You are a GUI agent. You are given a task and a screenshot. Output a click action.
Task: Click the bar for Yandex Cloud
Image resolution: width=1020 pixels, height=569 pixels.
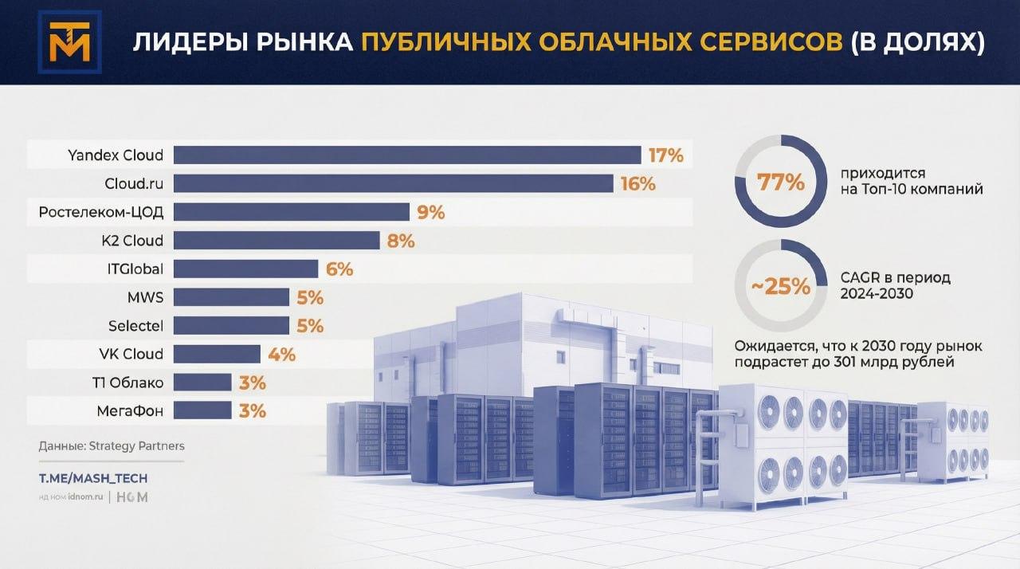[x=407, y=155]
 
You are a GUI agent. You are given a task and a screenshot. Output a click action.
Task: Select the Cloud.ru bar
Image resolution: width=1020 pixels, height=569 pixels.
[x=393, y=183]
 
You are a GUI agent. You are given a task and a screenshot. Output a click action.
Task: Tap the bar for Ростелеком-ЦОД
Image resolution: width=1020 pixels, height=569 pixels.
[x=292, y=212]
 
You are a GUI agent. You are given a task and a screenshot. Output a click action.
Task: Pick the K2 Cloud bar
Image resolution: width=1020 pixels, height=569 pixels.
[x=277, y=241]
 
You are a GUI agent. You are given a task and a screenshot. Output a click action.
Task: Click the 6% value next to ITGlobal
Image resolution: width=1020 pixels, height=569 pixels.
[x=339, y=269]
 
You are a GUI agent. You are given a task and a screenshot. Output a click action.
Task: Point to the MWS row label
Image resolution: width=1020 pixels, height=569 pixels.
[x=147, y=297]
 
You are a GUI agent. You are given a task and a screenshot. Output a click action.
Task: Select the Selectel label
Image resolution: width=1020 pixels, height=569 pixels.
[x=135, y=326]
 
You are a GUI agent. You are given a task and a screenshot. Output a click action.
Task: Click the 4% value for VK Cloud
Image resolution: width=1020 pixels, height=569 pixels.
[x=282, y=354]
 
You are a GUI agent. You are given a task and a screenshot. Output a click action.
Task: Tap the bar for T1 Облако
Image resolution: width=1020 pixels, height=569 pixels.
[x=202, y=383]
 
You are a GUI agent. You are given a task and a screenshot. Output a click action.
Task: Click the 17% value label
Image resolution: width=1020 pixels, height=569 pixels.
[x=665, y=155]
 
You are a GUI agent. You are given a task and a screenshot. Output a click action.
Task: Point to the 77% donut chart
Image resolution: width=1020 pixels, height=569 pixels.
[x=780, y=182]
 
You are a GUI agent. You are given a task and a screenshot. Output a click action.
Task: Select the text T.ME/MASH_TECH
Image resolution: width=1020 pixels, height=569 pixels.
[x=93, y=478]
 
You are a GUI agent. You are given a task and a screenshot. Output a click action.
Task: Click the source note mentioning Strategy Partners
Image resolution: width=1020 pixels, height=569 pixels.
[x=111, y=446]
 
